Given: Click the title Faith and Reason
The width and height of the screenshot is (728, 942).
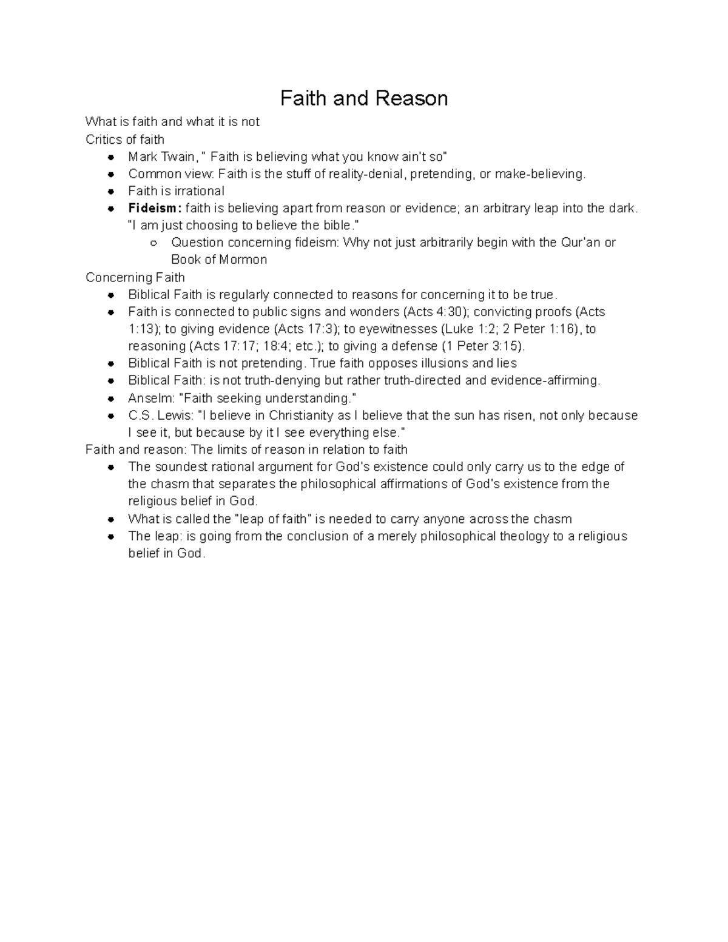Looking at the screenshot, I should [363, 98].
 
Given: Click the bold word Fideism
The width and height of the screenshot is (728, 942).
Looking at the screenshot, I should [153, 208].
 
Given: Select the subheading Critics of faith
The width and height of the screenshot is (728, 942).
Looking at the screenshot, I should [125, 140].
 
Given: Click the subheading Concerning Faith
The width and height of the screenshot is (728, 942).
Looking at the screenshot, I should [135, 277].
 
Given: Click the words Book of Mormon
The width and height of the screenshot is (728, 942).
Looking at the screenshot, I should [219, 260].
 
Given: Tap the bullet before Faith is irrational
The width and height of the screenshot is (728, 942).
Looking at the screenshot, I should [111, 192].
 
